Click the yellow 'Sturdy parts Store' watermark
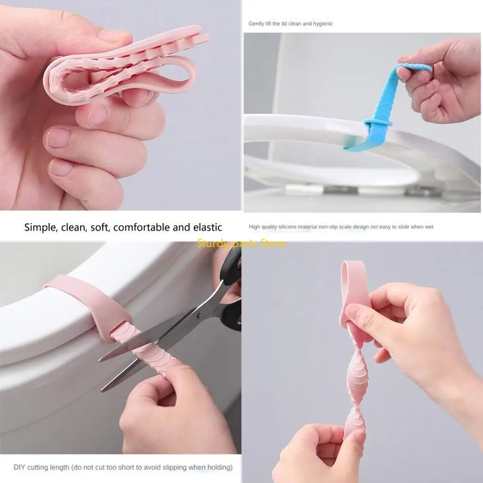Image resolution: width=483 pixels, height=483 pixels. [241, 243]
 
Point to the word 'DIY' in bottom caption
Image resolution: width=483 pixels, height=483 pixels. [19, 467]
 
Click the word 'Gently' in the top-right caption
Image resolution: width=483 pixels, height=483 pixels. [257, 24]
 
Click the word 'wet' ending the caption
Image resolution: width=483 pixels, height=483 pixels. [429, 227]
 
